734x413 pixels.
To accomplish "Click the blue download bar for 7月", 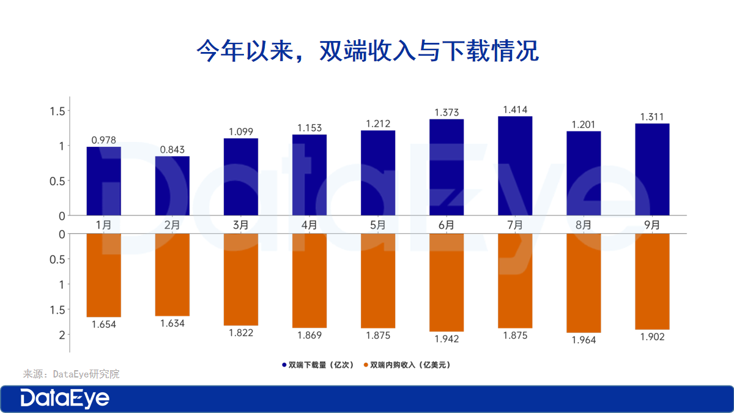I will point(515,166).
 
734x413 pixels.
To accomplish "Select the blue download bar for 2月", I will point(172,186).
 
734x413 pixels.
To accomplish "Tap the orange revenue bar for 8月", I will point(584,283).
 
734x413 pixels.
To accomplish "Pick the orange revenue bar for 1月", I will point(104,275).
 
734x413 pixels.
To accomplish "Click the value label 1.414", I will point(515,110).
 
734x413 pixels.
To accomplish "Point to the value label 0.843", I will point(172,149).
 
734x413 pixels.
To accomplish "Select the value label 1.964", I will point(584,340).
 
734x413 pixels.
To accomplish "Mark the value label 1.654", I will point(104,324).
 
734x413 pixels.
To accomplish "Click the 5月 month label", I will point(378,225).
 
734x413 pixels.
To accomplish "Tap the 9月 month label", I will point(652,225).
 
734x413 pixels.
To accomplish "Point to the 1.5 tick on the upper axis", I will point(56,111).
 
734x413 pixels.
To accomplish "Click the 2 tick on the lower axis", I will point(61,335).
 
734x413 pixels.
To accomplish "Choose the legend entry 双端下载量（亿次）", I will point(318,365).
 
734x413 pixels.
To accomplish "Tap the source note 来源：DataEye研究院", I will point(71,374).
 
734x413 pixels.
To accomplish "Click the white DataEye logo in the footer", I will point(65,399).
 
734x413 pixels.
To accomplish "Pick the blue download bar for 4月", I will point(310,175).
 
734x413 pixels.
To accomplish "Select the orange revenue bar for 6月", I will point(447,283).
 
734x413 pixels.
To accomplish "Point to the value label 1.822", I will point(241,333).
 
